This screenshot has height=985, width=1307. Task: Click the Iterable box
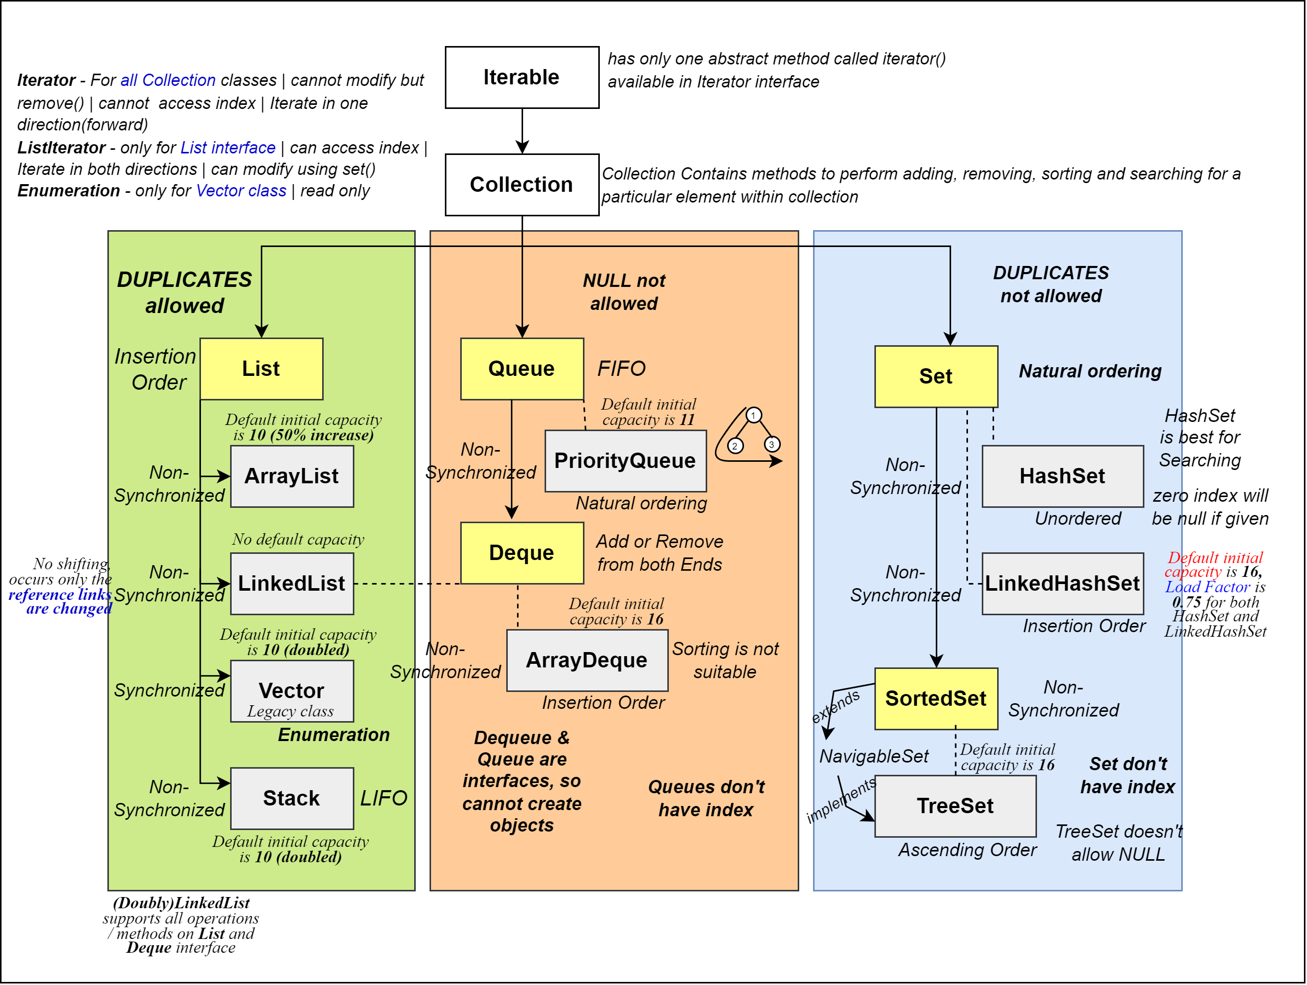[522, 77]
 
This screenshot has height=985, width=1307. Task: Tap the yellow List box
[261, 369]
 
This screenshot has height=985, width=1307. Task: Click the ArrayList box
[292, 476]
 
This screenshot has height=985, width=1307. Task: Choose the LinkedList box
[292, 584]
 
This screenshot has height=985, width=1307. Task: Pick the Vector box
[292, 691]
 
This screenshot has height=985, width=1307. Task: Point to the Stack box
[292, 798]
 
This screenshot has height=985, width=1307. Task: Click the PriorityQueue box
[625, 461]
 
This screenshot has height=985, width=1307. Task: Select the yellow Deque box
[522, 553]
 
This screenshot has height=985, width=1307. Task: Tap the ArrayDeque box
[587, 660]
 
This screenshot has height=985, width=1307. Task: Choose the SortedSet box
[936, 699]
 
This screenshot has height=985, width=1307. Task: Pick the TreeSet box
[955, 806]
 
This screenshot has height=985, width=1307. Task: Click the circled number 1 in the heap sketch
[753, 415]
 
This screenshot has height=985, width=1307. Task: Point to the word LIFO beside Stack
[384, 798]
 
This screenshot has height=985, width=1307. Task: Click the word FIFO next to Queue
[621, 369]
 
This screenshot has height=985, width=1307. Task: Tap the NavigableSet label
[873, 756]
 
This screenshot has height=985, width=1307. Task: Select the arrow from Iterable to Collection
[522, 131]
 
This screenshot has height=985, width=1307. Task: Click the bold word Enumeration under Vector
[334, 734]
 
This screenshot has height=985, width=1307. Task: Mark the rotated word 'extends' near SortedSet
[836, 706]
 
